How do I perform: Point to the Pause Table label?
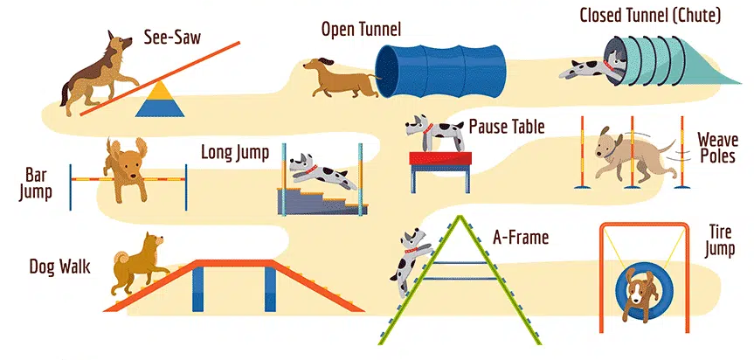507,128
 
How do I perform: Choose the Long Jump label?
234,154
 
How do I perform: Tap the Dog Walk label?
58,264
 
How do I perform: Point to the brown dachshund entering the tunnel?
338,79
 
